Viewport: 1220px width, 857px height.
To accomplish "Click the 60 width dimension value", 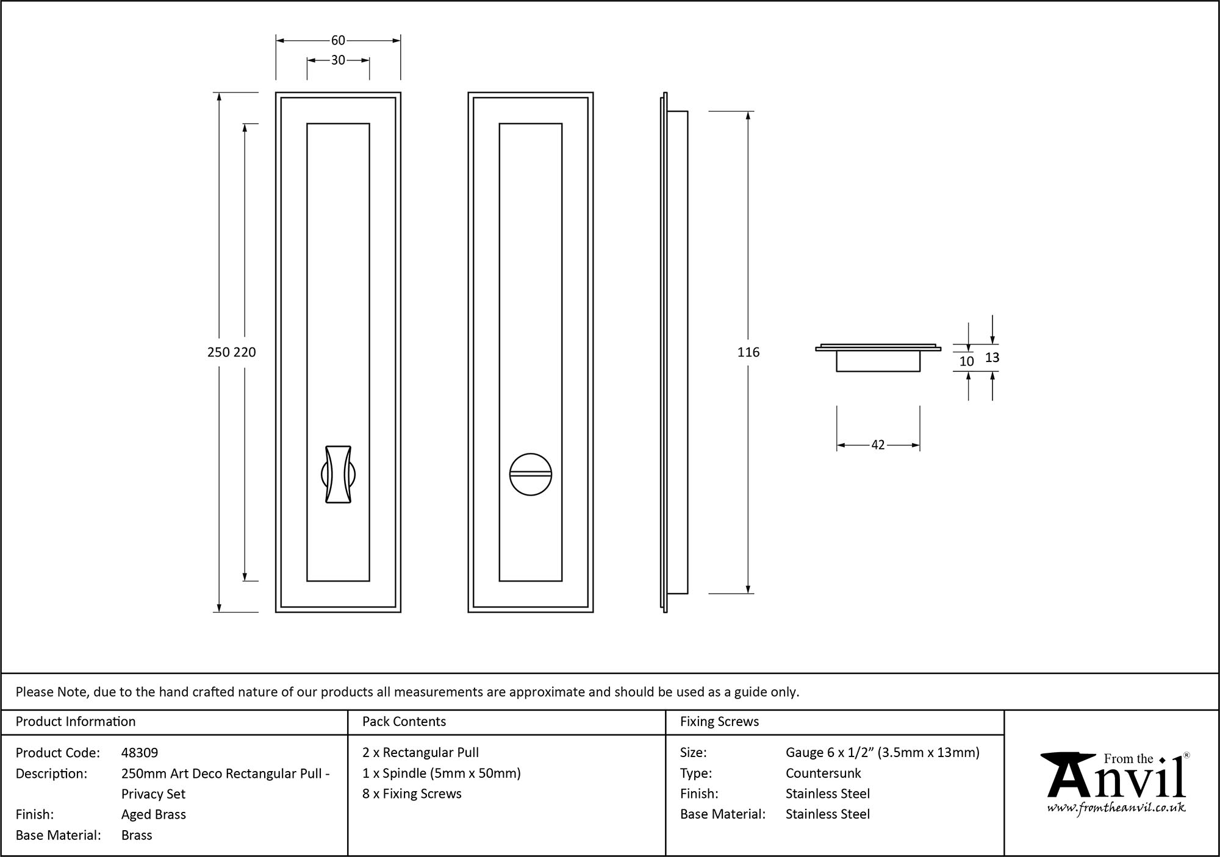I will (338, 40).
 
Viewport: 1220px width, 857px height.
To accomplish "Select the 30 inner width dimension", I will (338, 60).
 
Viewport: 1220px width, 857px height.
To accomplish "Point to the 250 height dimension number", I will (218, 352).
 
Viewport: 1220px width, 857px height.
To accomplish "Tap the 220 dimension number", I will (245, 352).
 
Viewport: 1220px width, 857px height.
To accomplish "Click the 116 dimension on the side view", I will (748, 352).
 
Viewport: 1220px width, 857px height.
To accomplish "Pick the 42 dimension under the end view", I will (878, 445).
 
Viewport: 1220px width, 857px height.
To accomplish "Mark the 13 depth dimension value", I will (992, 358).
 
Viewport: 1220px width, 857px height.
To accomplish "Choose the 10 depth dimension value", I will (966, 361).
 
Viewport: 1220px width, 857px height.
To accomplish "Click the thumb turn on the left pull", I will (338, 474).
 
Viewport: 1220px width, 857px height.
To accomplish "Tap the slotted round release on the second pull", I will (530, 474).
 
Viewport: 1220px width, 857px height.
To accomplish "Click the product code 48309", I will (140, 753).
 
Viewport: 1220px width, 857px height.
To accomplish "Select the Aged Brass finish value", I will (154, 814).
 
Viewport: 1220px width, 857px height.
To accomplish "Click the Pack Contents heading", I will (404, 722).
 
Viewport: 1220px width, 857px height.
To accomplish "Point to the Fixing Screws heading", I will (719, 722).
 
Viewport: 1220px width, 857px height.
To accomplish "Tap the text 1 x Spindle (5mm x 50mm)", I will (441, 773).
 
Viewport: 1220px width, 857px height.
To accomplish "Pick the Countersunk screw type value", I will (823, 773).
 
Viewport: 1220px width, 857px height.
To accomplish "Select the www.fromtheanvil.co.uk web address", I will (1116, 808).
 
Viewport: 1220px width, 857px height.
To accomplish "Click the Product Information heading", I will (76, 722).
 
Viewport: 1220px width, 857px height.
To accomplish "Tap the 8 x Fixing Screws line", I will (412, 794).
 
